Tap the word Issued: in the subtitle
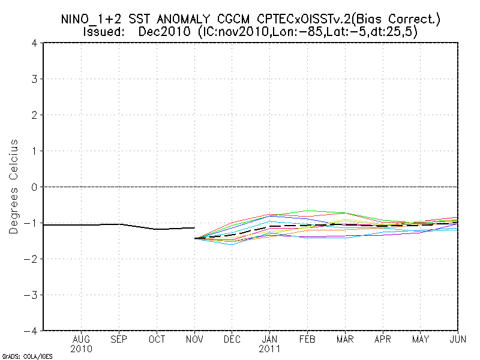(x=104, y=32)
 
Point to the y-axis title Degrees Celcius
(x=13, y=187)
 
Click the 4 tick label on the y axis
(x=35, y=43)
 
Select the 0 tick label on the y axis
(x=35, y=187)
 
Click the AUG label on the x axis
(x=81, y=340)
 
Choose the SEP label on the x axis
(x=119, y=340)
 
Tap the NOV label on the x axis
(x=194, y=340)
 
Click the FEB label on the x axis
(x=307, y=340)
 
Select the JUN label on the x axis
(x=458, y=340)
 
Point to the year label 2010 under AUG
(x=81, y=349)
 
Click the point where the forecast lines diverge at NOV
(x=195, y=238)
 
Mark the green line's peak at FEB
(x=308, y=211)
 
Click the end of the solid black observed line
(x=194, y=227)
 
